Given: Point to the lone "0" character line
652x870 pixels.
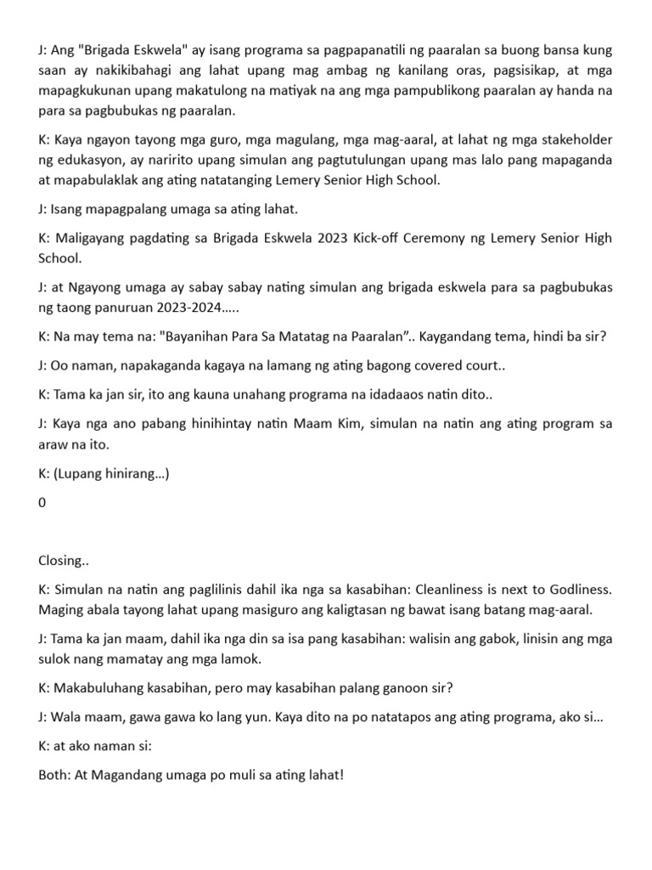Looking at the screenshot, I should click(42, 502).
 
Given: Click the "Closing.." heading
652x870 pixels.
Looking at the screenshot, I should click(63, 561).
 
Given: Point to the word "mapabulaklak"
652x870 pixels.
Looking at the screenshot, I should click(95, 179).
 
